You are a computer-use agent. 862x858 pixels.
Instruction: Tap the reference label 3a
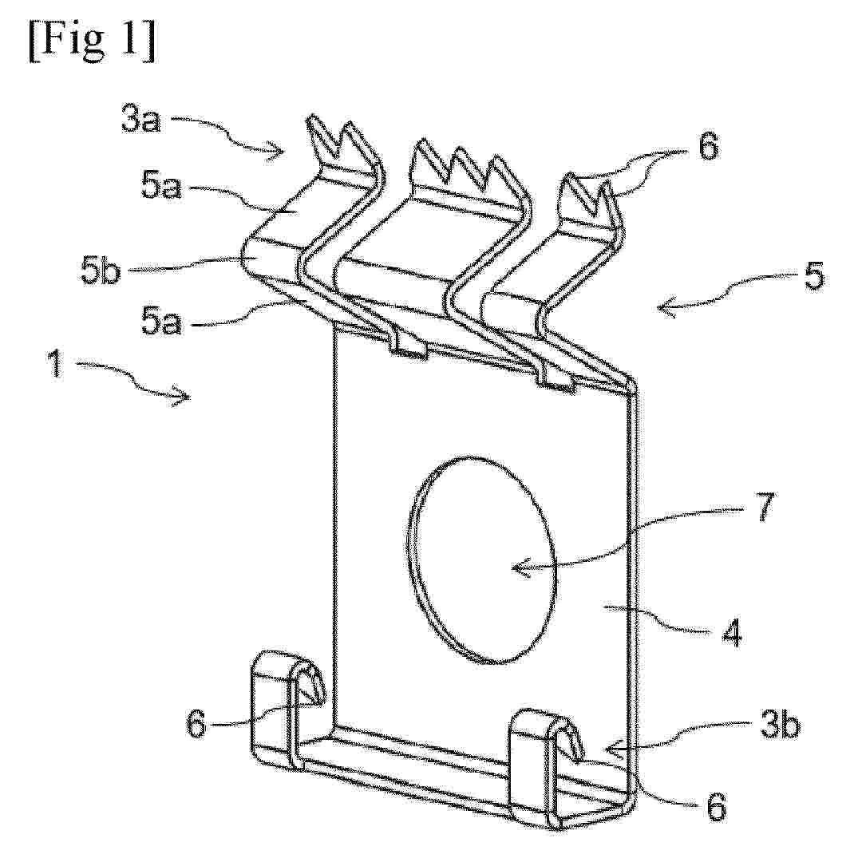141,121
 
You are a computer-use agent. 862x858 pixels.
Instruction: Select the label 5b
100,271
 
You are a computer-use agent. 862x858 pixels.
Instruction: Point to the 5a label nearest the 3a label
160,188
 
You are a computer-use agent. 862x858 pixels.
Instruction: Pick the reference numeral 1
55,365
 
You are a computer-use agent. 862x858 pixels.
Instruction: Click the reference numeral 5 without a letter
814,275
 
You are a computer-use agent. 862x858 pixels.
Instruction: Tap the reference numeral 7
764,507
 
